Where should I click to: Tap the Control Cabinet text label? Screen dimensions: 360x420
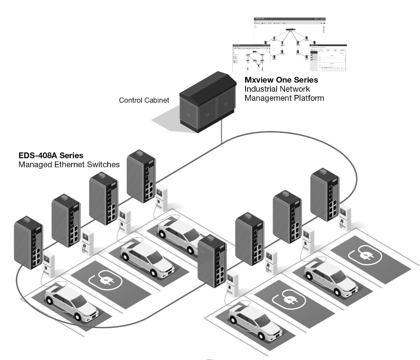(144, 100)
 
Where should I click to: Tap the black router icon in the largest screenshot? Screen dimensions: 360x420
(290, 30)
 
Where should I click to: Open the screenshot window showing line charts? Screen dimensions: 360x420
(328, 58)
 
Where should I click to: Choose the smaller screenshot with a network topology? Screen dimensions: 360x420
(251, 57)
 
